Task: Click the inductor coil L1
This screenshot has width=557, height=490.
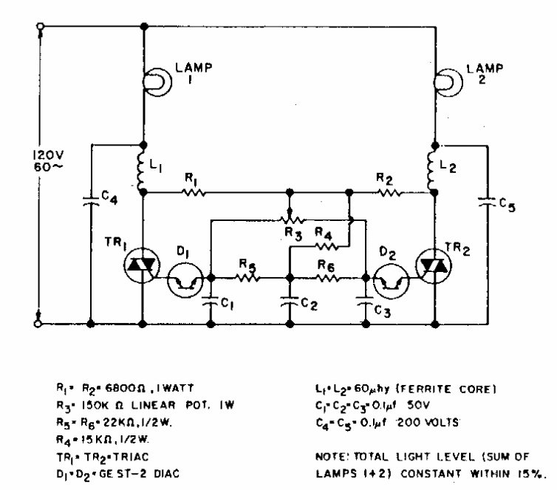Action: (x=143, y=169)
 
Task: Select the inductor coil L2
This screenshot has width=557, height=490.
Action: (x=435, y=169)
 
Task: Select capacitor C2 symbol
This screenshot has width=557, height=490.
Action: (x=289, y=302)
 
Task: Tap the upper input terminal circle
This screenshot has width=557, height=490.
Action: (x=40, y=27)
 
